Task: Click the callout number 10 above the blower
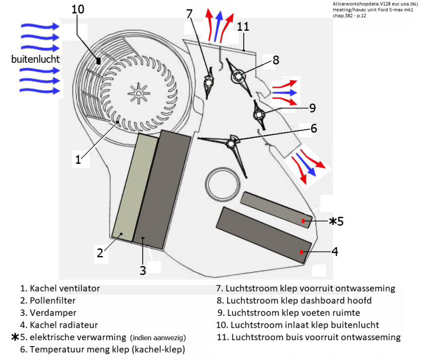pyautogui.click(x=79, y=9)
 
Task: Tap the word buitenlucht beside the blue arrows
pyautogui.click(x=35, y=59)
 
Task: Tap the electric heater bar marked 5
pyautogui.click(x=276, y=210)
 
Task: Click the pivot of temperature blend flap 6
pyautogui.click(x=230, y=144)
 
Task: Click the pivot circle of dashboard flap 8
pyautogui.click(x=239, y=76)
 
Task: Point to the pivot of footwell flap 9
pyautogui.click(x=259, y=115)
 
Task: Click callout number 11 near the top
pyautogui.click(x=243, y=26)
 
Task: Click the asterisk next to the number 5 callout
pyautogui.click(x=333, y=221)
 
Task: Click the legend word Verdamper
pyautogui.click(x=52, y=312)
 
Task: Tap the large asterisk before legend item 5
pyautogui.click(x=16, y=338)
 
